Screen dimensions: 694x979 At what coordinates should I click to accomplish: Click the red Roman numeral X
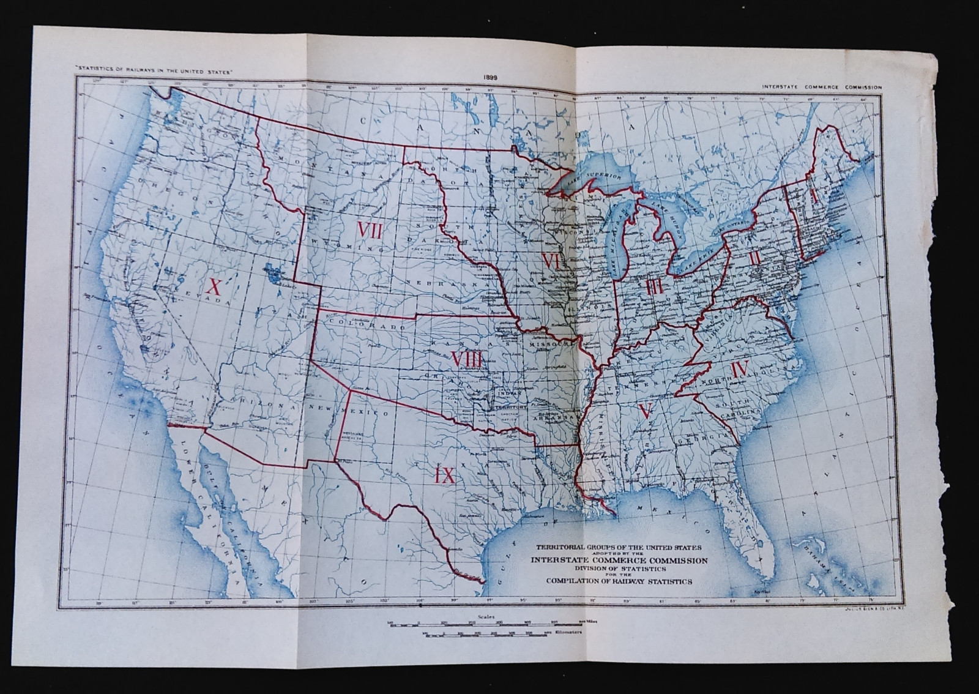[214, 286]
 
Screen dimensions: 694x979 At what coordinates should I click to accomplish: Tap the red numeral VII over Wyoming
[370, 231]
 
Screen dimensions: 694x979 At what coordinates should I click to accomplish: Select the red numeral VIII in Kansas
[466, 360]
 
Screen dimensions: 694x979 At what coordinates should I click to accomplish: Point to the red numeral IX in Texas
[445, 475]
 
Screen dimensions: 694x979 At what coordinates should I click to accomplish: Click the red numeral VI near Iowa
[551, 261]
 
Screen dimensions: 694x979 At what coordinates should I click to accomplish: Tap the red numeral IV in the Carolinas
[740, 370]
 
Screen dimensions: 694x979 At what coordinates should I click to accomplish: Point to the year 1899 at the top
[490, 77]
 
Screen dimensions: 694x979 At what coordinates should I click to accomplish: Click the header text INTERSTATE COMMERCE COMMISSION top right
[822, 88]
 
